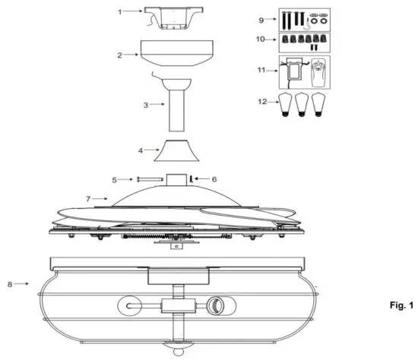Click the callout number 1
coord(120,12)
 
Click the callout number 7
coord(88,198)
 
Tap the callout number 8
coord(8,284)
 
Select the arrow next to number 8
coord(22,284)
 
